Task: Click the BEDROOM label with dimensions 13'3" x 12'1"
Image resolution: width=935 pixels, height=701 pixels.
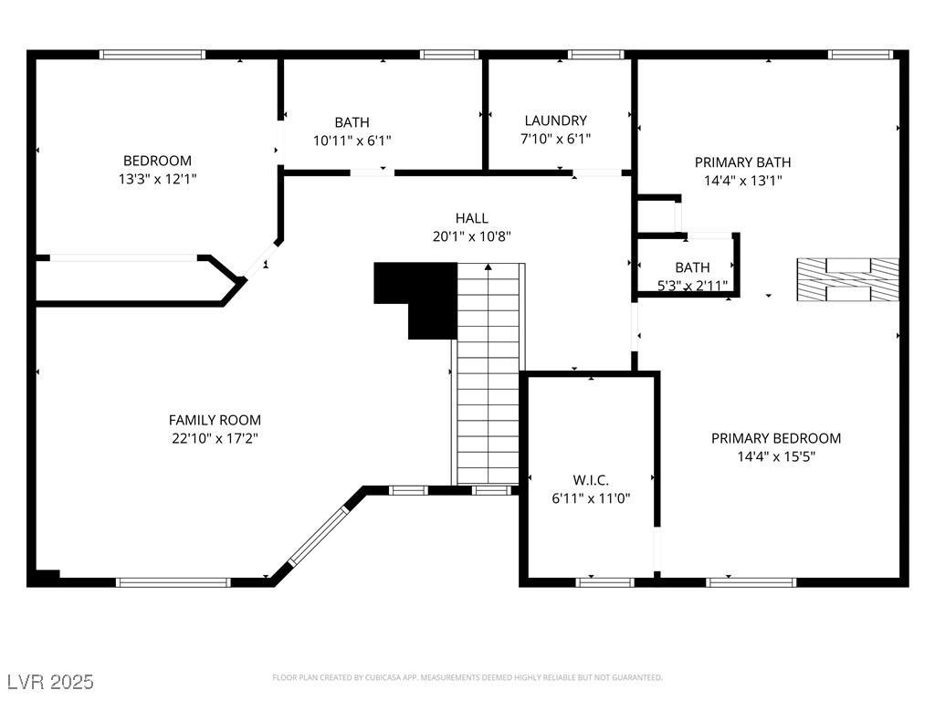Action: [x=157, y=161]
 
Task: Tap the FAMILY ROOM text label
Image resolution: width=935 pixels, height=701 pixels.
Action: [x=215, y=420]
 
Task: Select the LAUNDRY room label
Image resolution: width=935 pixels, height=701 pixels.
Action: [x=556, y=120]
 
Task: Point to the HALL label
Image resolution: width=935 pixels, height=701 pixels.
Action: [x=472, y=218]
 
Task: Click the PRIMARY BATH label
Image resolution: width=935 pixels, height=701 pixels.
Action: [x=743, y=162]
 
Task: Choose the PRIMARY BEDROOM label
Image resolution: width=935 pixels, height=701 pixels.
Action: [x=776, y=438]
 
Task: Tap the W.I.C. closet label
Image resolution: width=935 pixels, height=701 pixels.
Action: [x=591, y=480]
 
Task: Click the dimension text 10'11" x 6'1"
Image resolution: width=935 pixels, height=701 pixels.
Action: [x=352, y=141]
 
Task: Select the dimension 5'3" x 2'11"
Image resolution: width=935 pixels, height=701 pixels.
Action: [x=692, y=286]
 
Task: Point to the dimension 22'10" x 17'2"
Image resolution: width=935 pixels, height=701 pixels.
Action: [x=215, y=439]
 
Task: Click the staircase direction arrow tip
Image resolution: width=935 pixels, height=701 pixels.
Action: [x=489, y=265]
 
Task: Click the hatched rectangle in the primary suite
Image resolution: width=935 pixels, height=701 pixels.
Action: [x=848, y=279]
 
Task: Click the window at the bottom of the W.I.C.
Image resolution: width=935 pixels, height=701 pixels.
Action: [x=605, y=582]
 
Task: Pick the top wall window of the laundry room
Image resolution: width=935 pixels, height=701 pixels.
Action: [x=595, y=55]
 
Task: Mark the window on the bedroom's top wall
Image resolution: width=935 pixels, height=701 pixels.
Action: [x=152, y=55]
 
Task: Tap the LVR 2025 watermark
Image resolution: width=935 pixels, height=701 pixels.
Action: [x=50, y=682]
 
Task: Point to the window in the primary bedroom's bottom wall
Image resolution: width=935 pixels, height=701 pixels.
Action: [x=751, y=582]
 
